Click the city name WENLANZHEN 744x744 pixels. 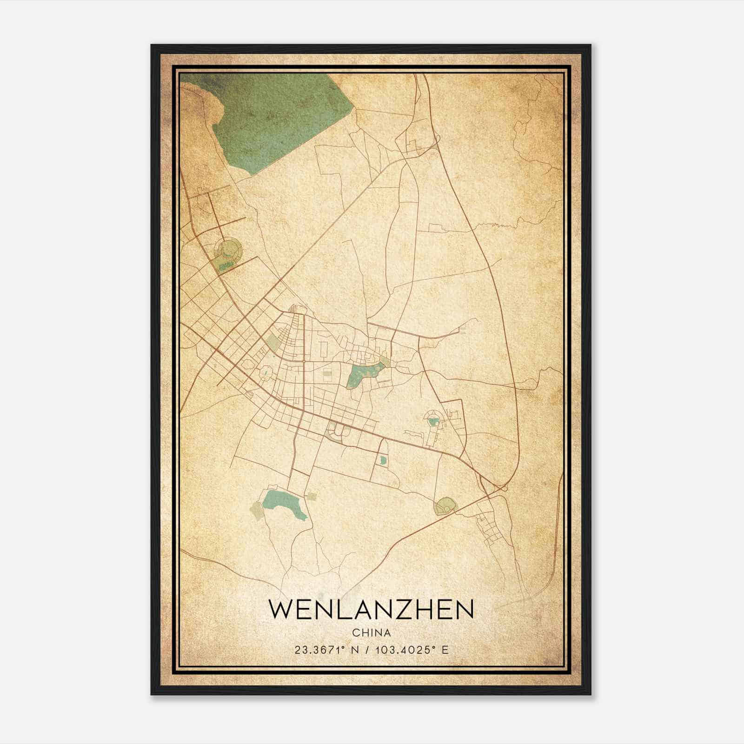[x=371, y=609]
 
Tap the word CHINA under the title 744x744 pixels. [x=371, y=633]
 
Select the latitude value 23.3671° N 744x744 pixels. [x=325, y=650]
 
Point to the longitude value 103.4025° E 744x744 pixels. [x=410, y=650]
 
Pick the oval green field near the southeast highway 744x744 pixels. [x=445, y=506]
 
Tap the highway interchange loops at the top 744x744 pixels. [x=414, y=144]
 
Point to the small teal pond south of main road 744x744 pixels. [x=383, y=460]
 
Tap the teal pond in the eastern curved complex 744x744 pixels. [x=433, y=422]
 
